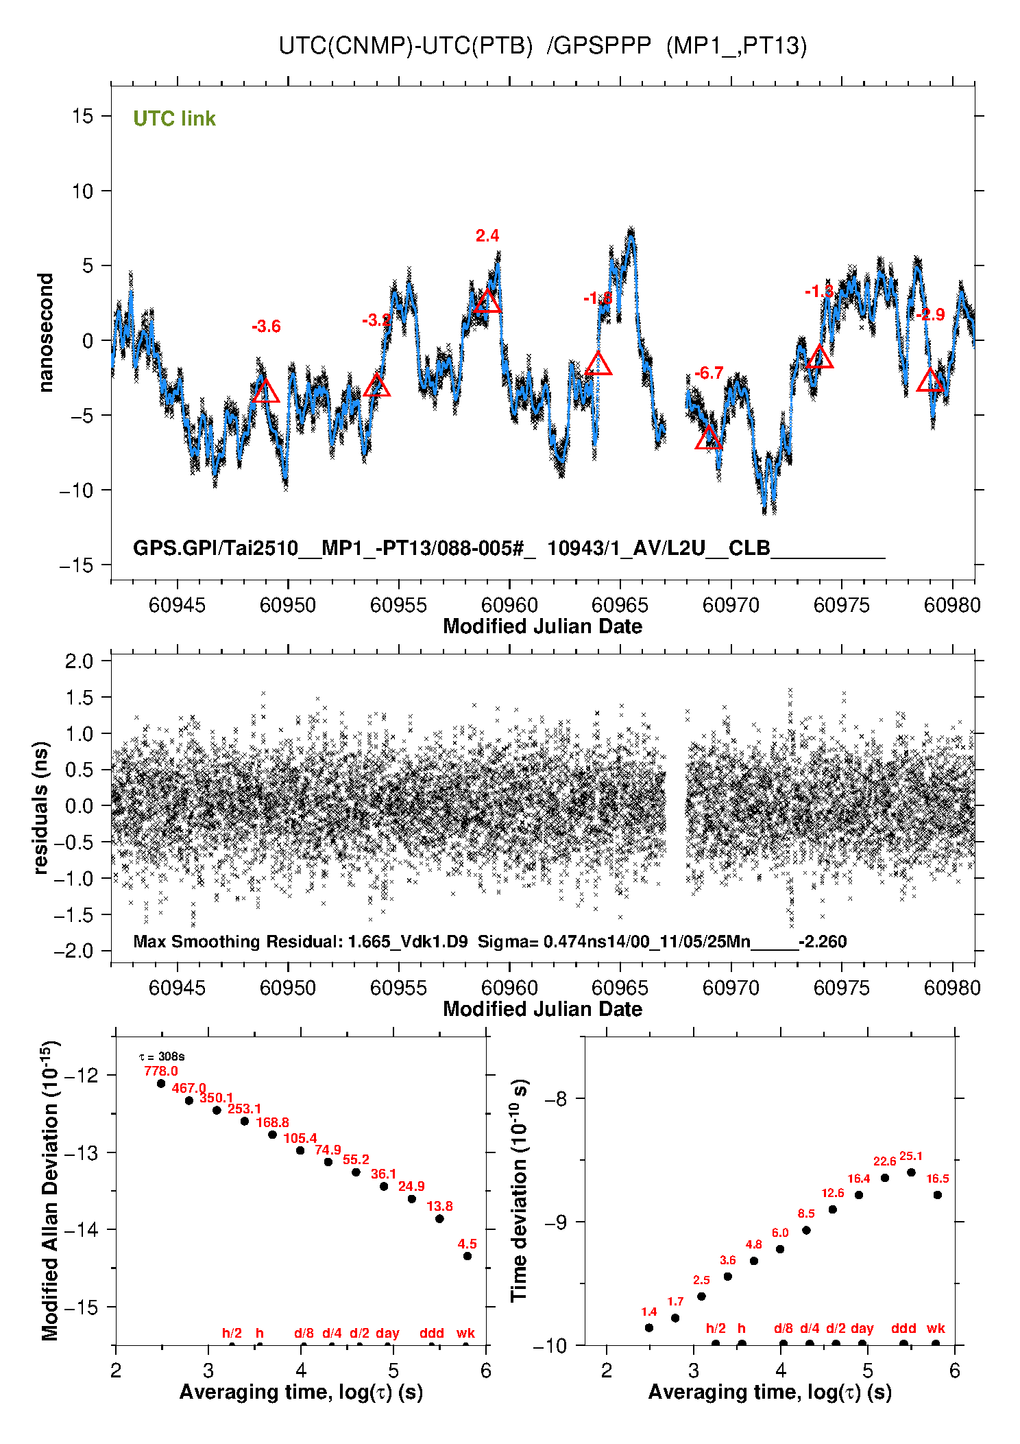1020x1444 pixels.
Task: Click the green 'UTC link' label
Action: [x=174, y=119]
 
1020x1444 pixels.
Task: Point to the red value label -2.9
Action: [x=931, y=315]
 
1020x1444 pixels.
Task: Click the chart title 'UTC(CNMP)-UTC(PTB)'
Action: [x=405, y=46]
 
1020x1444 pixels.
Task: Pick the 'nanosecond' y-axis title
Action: [x=46, y=333]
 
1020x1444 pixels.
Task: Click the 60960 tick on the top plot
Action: [x=509, y=605]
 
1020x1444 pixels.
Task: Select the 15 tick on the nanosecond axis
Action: [x=82, y=116]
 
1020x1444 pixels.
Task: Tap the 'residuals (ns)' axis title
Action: [x=41, y=807]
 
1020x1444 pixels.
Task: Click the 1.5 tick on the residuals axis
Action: [x=79, y=698]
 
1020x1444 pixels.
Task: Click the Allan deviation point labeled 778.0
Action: [x=161, y=1084]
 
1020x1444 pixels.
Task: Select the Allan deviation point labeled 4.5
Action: [x=467, y=1256]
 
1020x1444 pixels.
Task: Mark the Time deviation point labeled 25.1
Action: [x=911, y=1172]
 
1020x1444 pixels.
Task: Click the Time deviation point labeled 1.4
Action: [x=649, y=1327]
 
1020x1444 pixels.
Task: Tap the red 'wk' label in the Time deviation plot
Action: [x=936, y=1328]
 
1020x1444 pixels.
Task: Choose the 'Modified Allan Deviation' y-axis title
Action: [x=49, y=1190]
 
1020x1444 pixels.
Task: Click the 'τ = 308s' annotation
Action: [x=162, y=1056]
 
